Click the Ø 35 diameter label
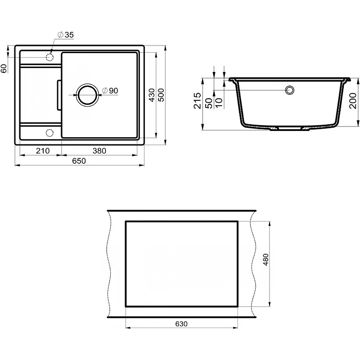(x=66, y=35)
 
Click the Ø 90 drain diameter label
(x=110, y=90)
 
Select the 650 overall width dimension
(x=79, y=161)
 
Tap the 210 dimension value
(x=43, y=151)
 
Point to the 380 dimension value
(x=99, y=151)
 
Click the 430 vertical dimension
(x=152, y=95)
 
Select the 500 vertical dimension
(x=161, y=95)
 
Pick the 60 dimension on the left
(x=4, y=68)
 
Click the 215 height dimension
(x=197, y=100)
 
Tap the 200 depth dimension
(x=353, y=101)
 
